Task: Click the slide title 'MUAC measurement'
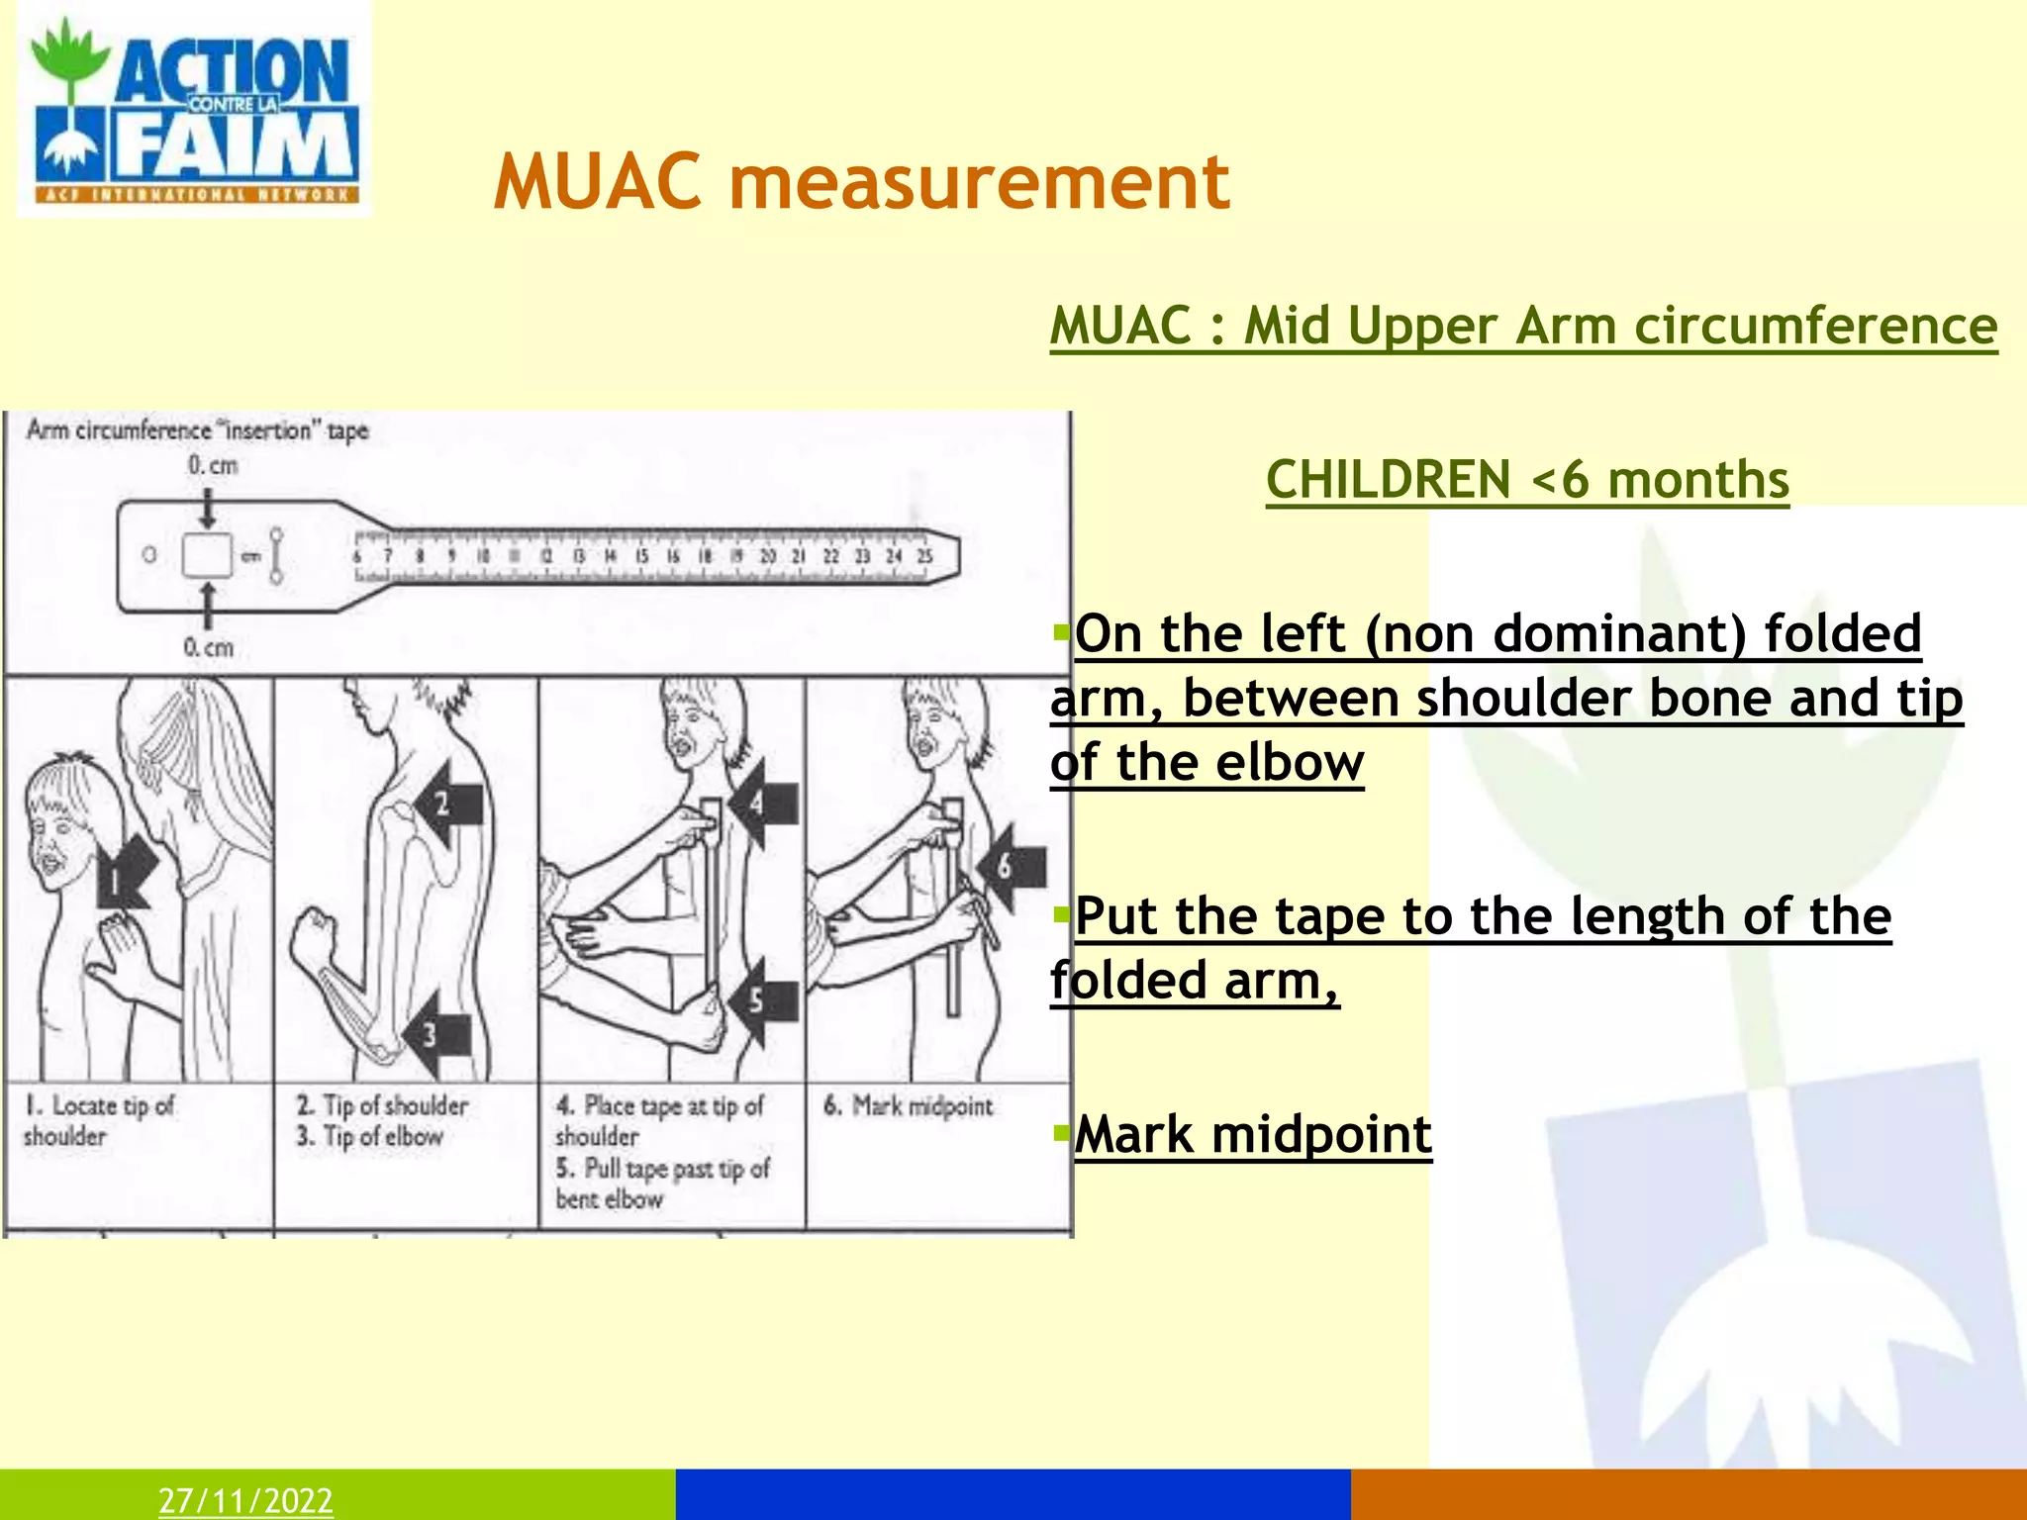click(861, 182)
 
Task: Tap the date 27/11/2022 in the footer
click(245, 1500)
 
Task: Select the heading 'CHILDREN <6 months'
click(1527, 481)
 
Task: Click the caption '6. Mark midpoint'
click(908, 1106)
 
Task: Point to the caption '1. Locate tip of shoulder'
click(98, 1120)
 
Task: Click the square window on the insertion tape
click(207, 555)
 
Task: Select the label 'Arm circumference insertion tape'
click(198, 430)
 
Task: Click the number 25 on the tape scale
click(923, 556)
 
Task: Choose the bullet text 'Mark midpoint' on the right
click(1253, 1135)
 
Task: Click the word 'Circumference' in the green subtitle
click(1815, 326)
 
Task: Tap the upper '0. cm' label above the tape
click(213, 465)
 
